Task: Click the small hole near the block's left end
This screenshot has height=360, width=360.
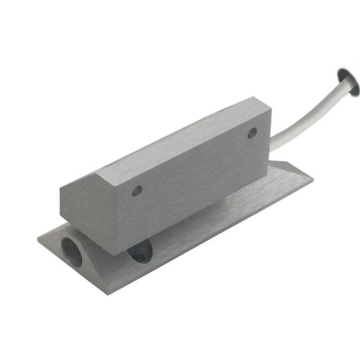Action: (137, 191)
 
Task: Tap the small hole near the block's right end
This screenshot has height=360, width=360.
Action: (252, 133)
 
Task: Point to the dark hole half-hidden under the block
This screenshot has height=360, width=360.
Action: (140, 251)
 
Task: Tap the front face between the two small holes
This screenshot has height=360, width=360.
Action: (194, 169)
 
